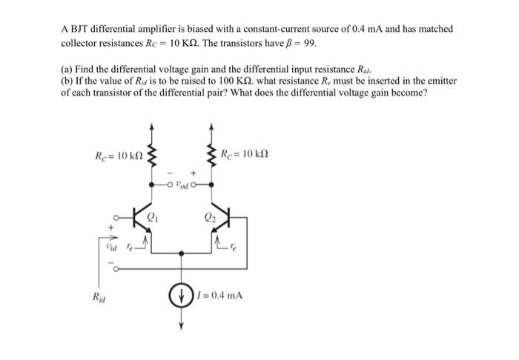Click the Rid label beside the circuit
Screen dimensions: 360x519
(98, 298)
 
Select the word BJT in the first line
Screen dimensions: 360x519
(79, 29)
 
